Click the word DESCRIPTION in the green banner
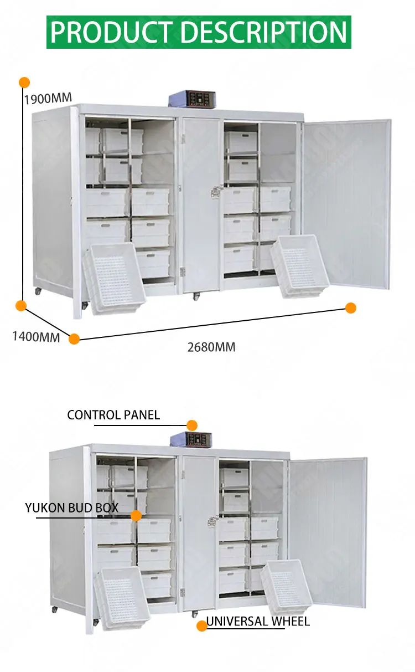(x=264, y=32)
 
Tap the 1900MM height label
(x=48, y=99)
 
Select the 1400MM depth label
(x=36, y=336)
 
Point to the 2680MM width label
(x=211, y=347)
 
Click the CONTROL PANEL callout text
(x=113, y=415)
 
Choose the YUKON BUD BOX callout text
(x=72, y=507)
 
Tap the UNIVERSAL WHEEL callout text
(x=258, y=622)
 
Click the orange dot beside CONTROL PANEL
(x=192, y=425)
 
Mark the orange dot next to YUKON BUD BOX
(x=136, y=516)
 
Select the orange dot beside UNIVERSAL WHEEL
(x=202, y=625)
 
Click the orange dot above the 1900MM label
(x=24, y=83)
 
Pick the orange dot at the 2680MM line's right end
(x=351, y=308)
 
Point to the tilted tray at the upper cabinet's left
(x=114, y=278)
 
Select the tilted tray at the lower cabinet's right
(x=287, y=589)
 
